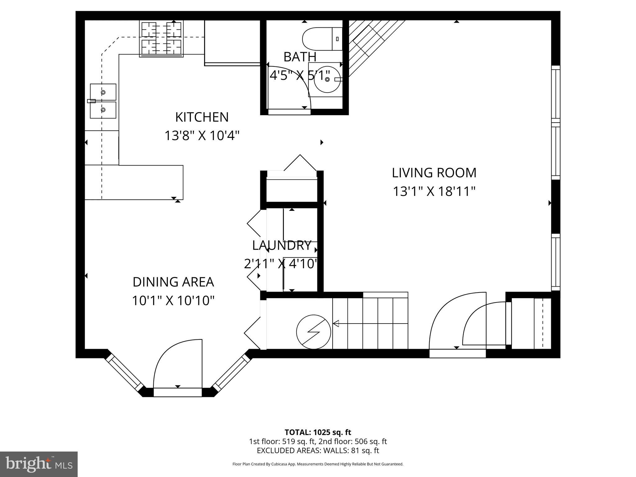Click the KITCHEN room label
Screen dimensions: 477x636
point(202,117)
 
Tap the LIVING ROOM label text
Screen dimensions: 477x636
point(434,173)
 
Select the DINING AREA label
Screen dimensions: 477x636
point(173,282)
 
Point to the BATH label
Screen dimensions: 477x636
point(300,57)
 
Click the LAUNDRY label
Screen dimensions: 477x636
point(281,245)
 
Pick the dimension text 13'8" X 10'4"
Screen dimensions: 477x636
point(202,136)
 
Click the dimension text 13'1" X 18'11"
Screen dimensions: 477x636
point(434,191)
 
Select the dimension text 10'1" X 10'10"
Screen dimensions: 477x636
point(173,301)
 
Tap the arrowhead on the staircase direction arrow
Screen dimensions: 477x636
point(336,324)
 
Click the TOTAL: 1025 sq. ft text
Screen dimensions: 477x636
point(318,432)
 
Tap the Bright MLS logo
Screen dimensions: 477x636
point(39,464)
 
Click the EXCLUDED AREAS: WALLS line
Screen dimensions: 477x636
point(318,451)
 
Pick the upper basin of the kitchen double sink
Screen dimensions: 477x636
point(103,92)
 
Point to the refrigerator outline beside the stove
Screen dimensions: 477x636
point(232,42)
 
